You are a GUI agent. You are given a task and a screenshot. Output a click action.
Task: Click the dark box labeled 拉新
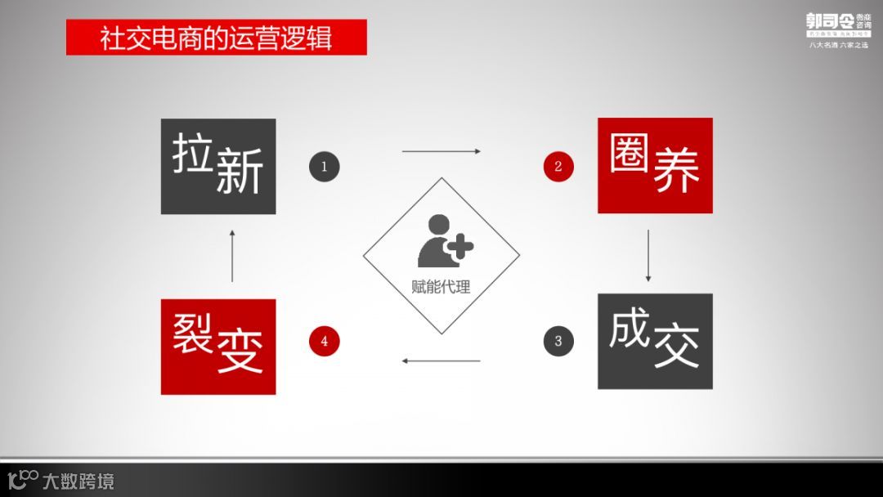tap(218, 167)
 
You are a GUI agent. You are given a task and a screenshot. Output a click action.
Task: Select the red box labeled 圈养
tap(655, 166)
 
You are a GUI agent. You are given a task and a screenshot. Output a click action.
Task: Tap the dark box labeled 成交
tap(655, 341)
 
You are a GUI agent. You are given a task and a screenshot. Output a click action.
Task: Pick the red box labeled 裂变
tap(218, 347)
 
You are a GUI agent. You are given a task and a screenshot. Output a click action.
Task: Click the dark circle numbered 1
tap(324, 167)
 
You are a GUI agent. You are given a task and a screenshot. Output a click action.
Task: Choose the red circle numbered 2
tap(558, 167)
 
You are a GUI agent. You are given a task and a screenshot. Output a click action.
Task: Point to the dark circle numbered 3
tap(558, 341)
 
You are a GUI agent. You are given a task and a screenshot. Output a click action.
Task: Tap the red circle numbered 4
tap(324, 341)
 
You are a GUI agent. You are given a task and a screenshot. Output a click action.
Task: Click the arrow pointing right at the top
tap(441, 151)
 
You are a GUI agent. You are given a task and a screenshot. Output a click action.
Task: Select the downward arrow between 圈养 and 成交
tap(649, 256)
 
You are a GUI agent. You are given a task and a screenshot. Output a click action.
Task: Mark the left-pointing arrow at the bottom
tap(441, 360)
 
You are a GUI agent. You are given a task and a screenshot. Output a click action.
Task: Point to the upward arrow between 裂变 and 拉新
tap(232, 256)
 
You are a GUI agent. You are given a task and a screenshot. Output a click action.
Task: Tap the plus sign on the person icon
tap(460, 246)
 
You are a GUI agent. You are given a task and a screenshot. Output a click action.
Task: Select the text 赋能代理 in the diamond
tap(441, 288)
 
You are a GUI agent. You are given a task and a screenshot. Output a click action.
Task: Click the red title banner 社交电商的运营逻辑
tap(216, 38)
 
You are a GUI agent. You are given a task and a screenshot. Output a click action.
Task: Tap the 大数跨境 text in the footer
tap(78, 481)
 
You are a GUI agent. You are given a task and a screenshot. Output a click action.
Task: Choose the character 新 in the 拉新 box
tap(240, 174)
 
